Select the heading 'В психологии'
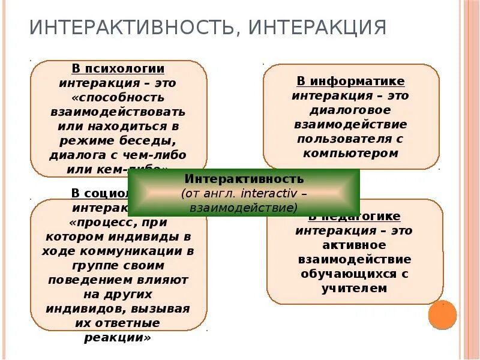point(118,69)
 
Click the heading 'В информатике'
point(350,81)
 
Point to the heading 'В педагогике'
point(355,217)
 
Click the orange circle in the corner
point(442,315)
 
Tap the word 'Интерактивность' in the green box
point(244,179)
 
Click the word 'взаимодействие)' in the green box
point(244,208)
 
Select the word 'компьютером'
point(351,153)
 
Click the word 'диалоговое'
point(350,110)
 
